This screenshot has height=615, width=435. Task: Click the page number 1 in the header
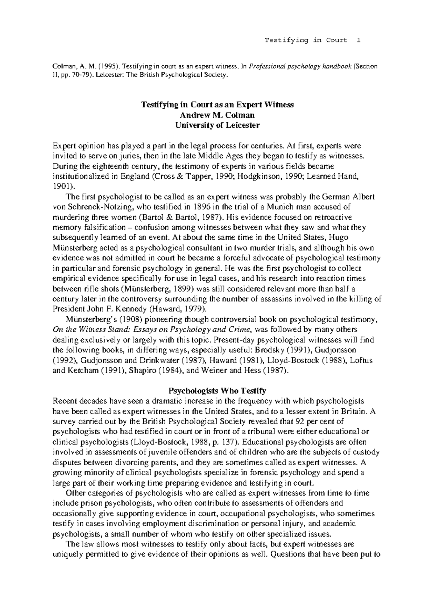click(359, 40)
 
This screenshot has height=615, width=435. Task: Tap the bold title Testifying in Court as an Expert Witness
click(217, 105)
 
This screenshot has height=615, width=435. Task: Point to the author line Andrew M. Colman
click(217, 115)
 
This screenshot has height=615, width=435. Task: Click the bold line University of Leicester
click(217, 125)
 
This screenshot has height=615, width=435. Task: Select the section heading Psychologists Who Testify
click(217, 391)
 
